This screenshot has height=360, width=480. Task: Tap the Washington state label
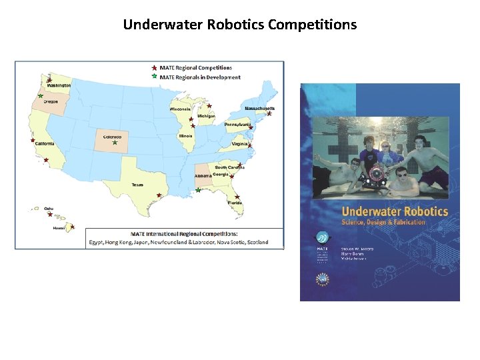[59, 85]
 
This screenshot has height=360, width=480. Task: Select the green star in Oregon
[41, 96]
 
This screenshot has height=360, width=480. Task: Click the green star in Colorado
[115, 142]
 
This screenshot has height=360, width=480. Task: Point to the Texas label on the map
[137, 184]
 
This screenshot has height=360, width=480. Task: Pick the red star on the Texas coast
[159, 195]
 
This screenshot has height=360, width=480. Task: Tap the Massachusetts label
[259, 108]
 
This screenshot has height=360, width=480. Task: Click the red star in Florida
[237, 197]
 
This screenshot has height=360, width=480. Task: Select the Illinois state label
[185, 135]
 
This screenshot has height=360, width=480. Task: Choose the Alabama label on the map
[203, 176]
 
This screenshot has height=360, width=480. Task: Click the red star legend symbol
[155, 67]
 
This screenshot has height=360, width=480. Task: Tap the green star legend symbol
[155, 77]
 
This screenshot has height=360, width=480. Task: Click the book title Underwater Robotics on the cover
[385, 211]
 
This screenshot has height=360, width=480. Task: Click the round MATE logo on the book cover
[323, 238]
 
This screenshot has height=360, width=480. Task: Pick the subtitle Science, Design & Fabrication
[383, 222]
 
